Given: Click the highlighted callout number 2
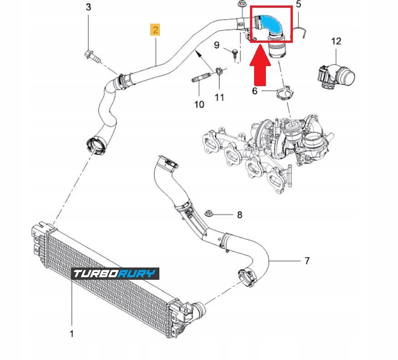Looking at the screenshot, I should point(156,30).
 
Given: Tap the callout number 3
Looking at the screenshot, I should point(88,7).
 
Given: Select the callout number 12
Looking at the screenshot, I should point(336,41).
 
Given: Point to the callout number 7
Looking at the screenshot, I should point(307,261).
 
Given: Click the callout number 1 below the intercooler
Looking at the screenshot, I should point(71,334).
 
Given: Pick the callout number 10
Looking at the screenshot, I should point(199,104).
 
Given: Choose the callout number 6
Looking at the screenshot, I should point(255,91).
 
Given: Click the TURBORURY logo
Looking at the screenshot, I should point(116,273).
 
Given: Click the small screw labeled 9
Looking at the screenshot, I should point(235,53).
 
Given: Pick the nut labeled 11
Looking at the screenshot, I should point(219,72).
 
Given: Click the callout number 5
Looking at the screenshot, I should point(299,5).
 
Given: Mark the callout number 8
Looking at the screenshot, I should point(240,215).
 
